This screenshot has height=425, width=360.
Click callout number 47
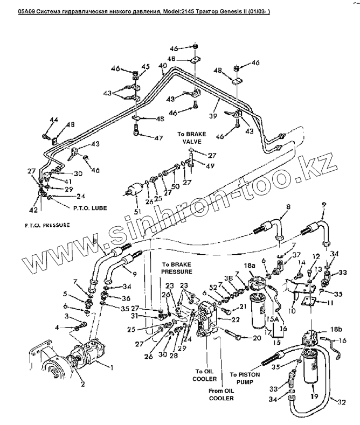pyautogui.click(x=158, y=138)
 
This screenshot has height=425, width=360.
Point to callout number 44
pyautogui.click(x=53, y=120)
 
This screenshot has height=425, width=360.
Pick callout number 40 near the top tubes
pyautogui.click(x=162, y=66)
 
